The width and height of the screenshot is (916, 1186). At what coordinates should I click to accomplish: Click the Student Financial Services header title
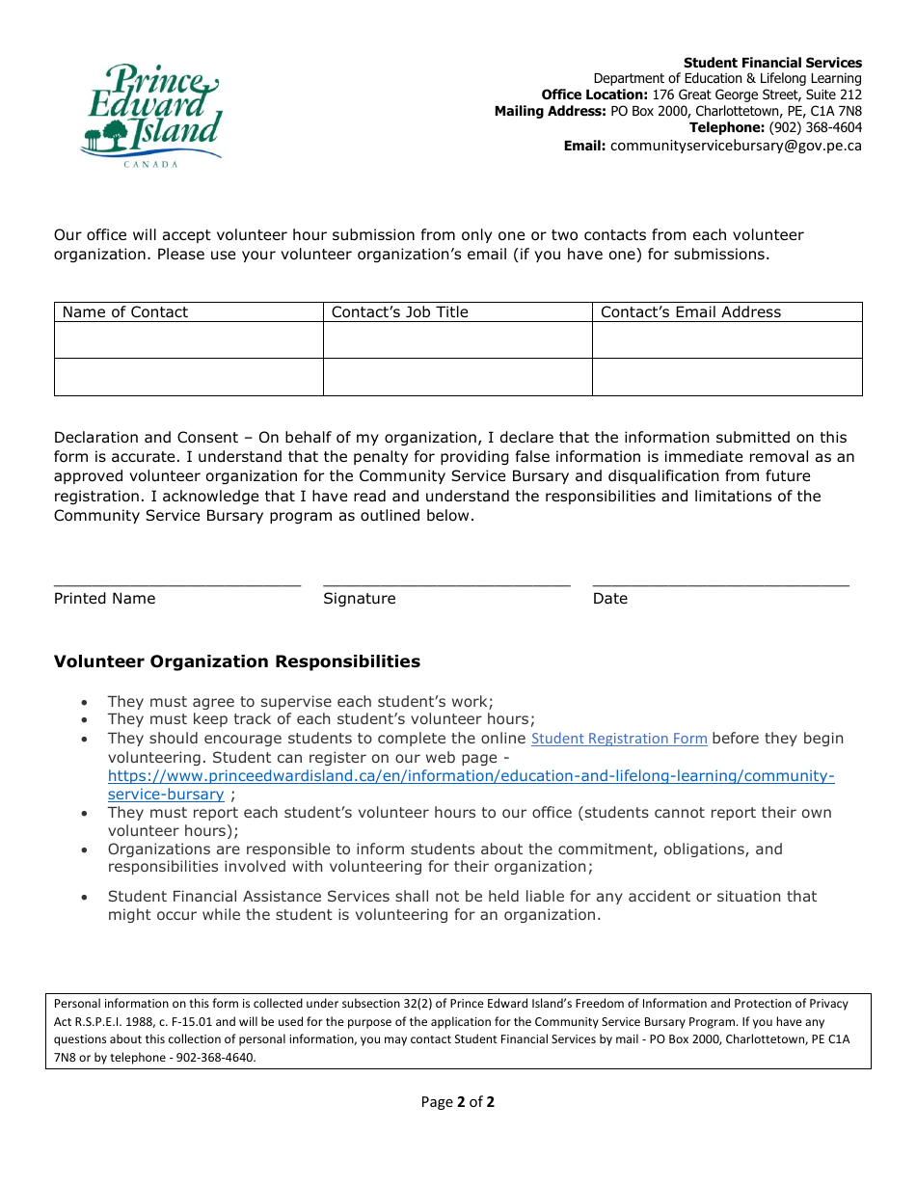pyautogui.click(x=772, y=63)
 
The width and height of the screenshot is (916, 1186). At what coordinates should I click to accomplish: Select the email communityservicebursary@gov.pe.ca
pyautogui.click(x=736, y=146)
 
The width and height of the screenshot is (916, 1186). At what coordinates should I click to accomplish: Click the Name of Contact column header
pyautogui.click(x=125, y=312)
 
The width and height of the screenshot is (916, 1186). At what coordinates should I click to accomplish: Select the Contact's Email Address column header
pyautogui.click(x=690, y=312)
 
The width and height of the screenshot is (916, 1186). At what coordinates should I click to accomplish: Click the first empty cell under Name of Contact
pyautogui.click(x=188, y=340)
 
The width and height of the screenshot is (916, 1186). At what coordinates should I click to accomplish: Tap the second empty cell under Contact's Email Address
pyautogui.click(x=727, y=377)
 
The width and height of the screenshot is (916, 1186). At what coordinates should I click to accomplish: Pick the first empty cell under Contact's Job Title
pyautogui.click(x=457, y=340)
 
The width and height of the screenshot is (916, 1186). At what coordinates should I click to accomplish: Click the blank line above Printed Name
pyautogui.click(x=177, y=582)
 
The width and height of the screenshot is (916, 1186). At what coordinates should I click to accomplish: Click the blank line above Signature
pyautogui.click(x=446, y=582)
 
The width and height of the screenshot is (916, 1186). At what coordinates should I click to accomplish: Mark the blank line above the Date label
pyautogui.click(x=720, y=582)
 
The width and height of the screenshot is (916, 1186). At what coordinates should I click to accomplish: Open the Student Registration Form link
pyautogui.click(x=619, y=740)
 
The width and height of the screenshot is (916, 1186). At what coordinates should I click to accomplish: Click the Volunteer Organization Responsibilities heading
pyautogui.click(x=237, y=661)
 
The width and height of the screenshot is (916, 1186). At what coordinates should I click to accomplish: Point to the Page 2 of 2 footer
pyautogui.click(x=457, y=1102)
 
